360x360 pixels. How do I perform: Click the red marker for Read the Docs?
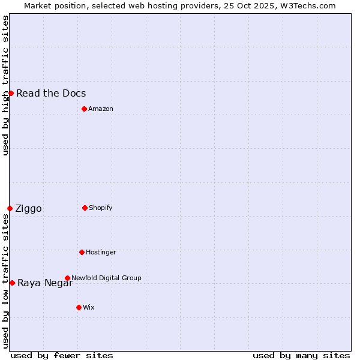(11, 93)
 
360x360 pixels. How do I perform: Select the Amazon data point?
(84, 109)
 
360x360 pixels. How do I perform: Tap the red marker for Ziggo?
(10, 208)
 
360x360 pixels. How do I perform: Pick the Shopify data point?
(85, 208)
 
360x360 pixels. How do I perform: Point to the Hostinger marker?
(82, 252)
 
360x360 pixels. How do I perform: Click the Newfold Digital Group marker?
(67, 278)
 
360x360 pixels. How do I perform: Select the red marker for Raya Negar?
(12, 283)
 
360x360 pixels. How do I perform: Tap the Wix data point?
(79, 307)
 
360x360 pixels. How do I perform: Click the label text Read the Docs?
(51, 93)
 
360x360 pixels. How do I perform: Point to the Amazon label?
(101, 109)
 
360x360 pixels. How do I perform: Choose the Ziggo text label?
(28, 209)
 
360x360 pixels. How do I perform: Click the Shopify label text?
(101, 208)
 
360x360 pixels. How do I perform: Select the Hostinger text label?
(101, 252)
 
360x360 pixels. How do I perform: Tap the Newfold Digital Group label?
(106, 278)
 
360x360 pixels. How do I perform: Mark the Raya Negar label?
(45, 283)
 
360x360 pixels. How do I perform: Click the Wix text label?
(89, 307)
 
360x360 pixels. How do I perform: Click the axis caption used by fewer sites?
(62, 355)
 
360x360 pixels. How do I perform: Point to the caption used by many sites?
(301, 355)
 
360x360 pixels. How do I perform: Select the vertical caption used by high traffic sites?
(6, 85)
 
